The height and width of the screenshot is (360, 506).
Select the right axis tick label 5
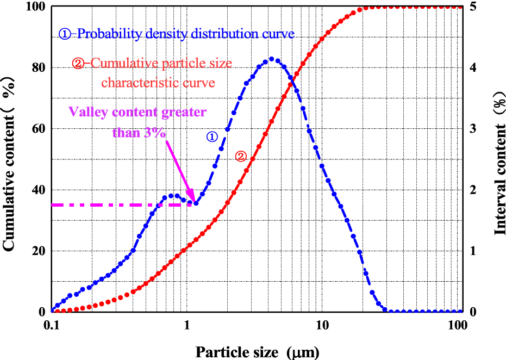(473, 7)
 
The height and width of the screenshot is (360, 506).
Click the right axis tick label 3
(473, 129)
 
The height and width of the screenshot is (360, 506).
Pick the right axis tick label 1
(473, 251)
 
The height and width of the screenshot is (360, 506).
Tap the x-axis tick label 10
(322, 325)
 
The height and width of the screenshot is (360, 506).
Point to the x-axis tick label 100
(457, 325)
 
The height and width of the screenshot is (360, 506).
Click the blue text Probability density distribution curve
(185, 34)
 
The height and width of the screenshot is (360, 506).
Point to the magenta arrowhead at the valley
(191, 198)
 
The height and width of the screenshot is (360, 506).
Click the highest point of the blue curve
(272, 59)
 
